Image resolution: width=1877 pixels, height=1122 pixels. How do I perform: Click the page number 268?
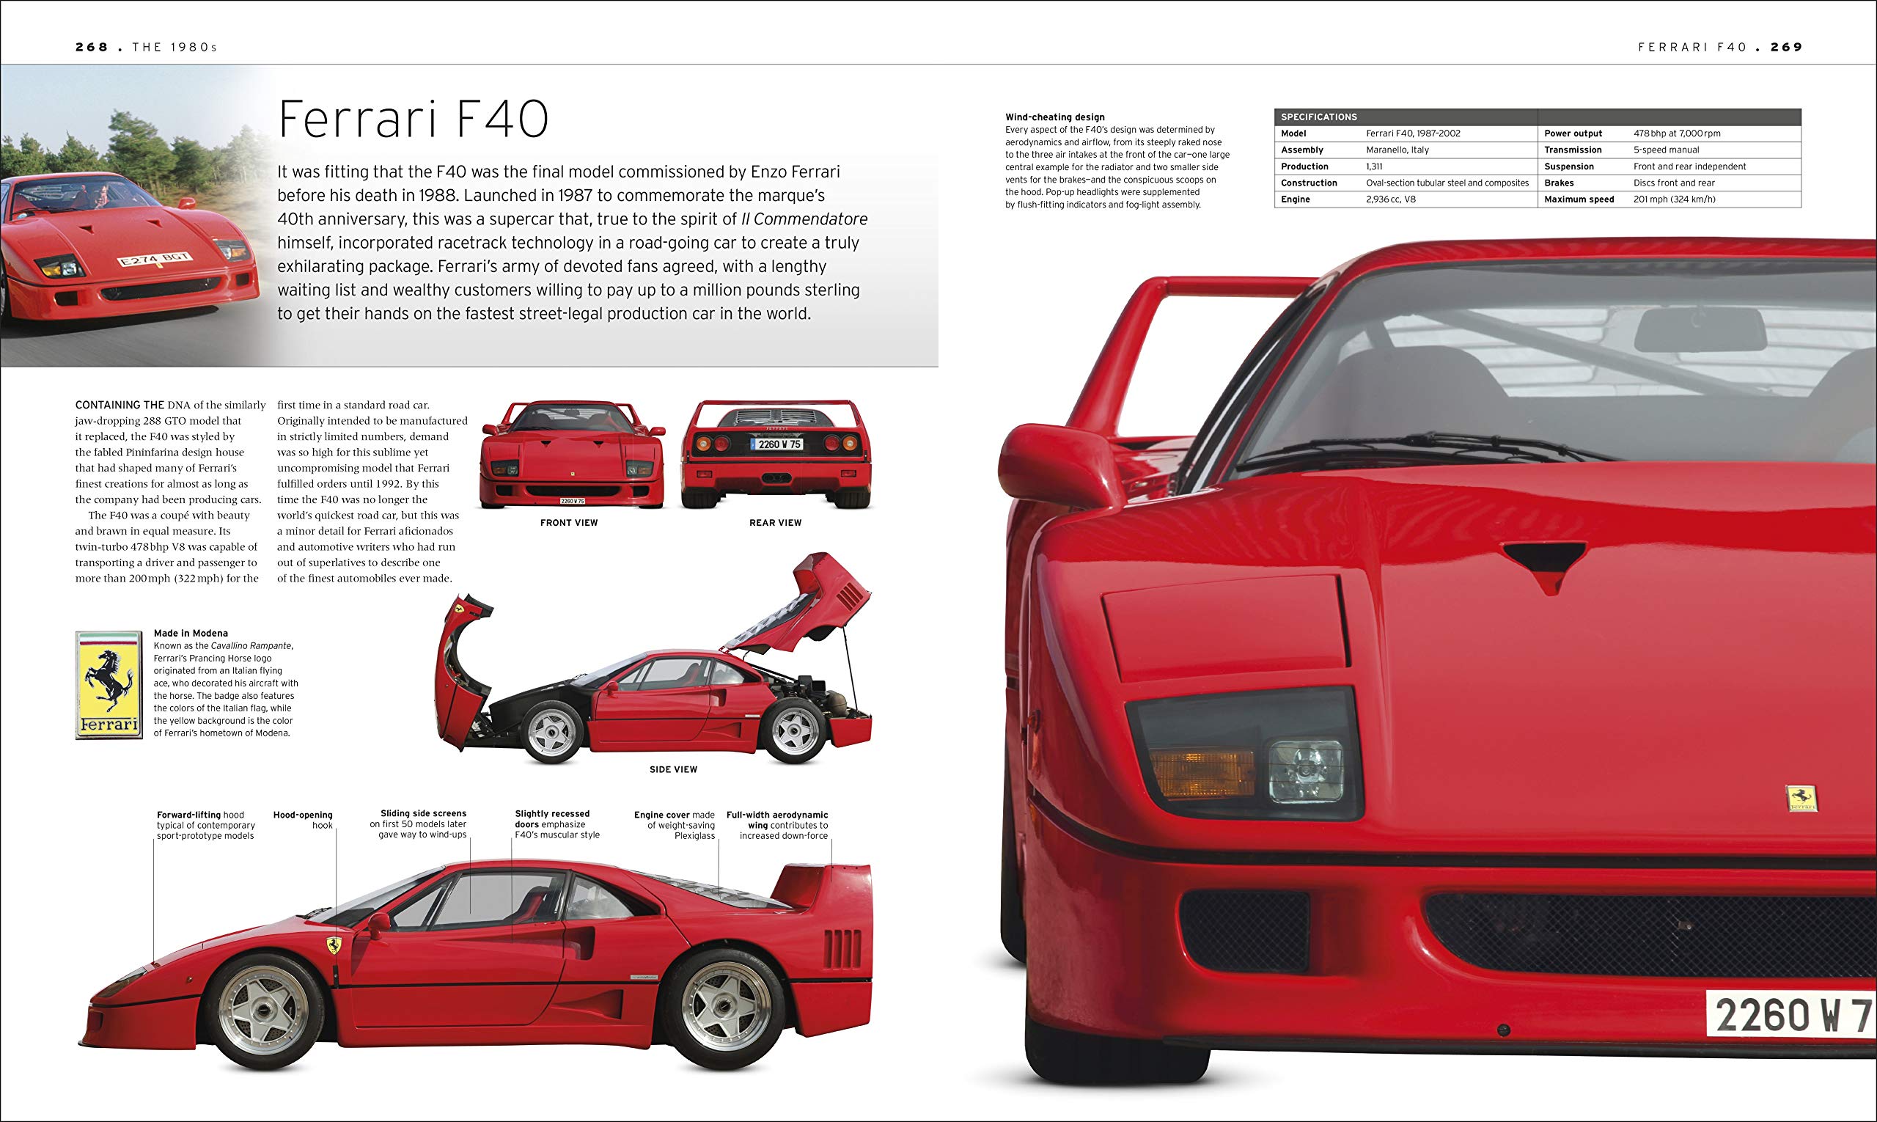92,47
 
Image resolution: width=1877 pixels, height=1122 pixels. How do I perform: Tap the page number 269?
1786,47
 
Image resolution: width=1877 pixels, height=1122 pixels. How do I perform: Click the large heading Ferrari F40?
414,119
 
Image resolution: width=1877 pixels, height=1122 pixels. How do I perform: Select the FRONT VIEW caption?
568,522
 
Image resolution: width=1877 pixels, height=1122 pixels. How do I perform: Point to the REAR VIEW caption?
775,522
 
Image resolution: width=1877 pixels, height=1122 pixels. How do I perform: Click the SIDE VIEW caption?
673,769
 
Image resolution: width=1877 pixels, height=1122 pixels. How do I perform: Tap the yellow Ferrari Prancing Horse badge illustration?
109,685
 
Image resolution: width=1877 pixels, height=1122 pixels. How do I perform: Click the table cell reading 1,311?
1374,166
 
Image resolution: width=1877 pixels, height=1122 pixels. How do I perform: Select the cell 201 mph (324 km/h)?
1675,199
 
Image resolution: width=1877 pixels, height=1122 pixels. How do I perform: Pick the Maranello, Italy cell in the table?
1397,150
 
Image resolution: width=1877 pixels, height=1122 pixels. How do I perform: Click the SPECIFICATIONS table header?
1318,117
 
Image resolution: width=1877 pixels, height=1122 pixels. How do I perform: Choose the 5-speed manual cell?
1666,150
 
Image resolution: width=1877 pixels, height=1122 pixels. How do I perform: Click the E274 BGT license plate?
155,260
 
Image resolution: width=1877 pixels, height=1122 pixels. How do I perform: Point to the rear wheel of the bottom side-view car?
723,1005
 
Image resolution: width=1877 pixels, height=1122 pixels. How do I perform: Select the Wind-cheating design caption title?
1054,117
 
